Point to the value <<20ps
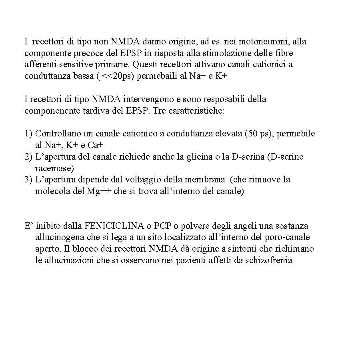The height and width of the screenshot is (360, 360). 117,76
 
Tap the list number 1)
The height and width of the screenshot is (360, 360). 28,133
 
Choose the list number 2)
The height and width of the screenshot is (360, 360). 28,156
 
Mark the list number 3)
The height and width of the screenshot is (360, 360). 28,180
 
